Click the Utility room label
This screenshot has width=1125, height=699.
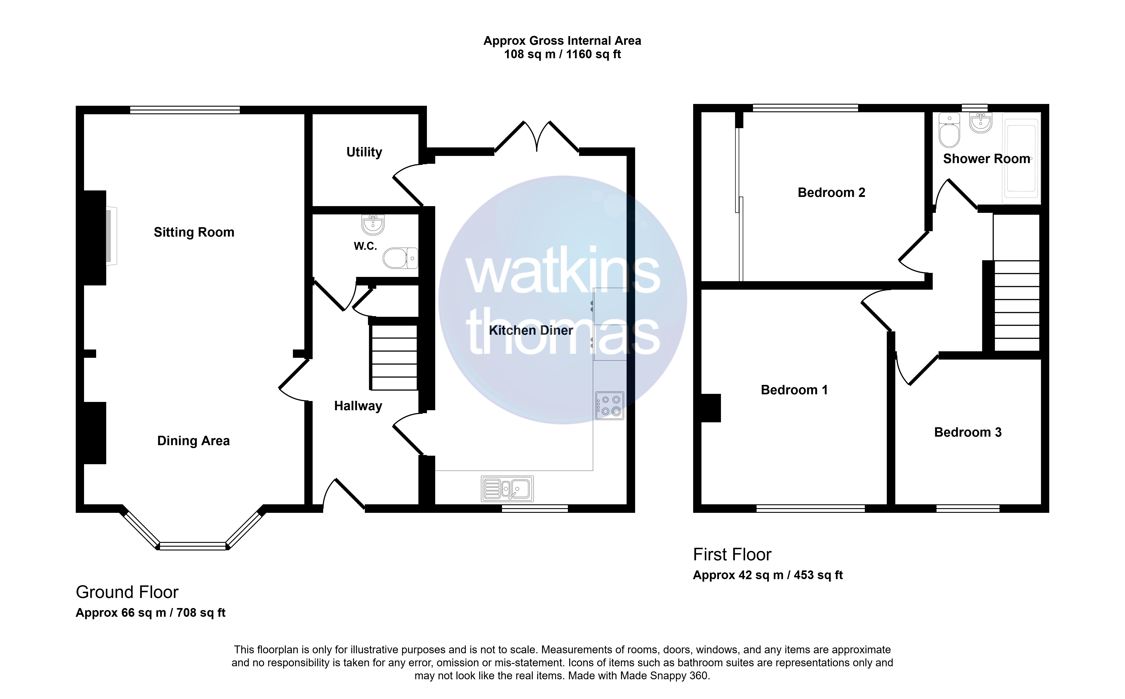364,152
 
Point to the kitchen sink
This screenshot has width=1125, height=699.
507,489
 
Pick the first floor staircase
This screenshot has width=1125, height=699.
1017,306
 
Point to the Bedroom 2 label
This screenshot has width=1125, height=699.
831,192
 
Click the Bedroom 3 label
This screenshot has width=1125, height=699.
968,432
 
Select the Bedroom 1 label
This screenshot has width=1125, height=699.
794,390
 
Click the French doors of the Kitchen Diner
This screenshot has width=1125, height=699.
537,136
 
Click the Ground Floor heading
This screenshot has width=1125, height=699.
127,592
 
